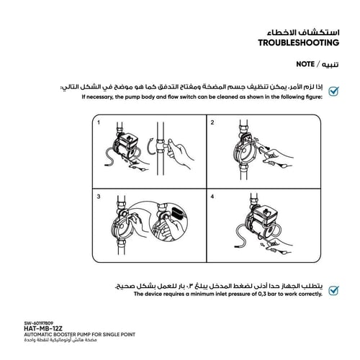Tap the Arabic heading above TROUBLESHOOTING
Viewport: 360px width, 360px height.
297,32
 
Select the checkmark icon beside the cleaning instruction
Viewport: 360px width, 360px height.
334,91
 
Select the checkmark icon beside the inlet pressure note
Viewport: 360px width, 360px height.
334,290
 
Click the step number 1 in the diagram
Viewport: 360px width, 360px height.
97,123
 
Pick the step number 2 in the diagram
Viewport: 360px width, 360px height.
212,123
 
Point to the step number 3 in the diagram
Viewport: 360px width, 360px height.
97,197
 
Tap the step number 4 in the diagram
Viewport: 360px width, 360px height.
212,197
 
